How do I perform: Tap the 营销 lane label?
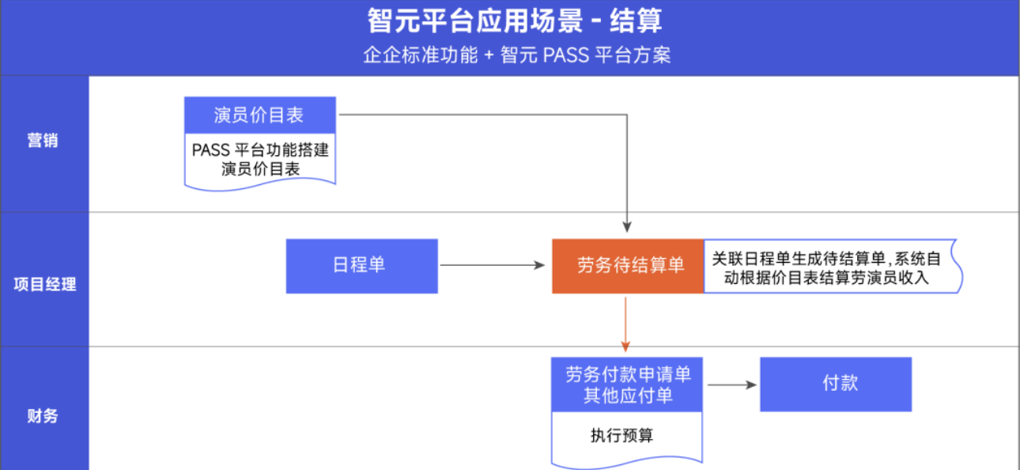point(43,142)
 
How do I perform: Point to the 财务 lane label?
point(43,415)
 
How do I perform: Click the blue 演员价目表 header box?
point(259,116)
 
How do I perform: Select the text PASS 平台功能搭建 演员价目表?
point(260,159)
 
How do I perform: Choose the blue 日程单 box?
point(361,266)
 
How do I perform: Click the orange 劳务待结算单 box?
point(628,266)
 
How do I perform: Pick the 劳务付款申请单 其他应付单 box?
point(627,385)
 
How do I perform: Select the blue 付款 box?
point(836,384)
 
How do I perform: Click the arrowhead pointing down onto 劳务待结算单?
point(627,228)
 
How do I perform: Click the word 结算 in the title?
point(637,21)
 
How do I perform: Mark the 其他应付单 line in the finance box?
point(627,396)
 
